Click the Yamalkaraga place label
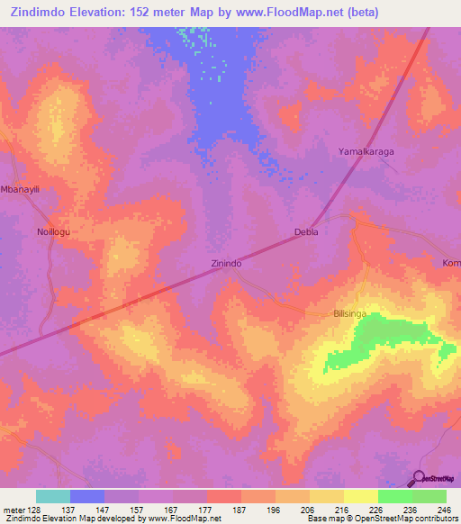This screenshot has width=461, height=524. pos(366,152)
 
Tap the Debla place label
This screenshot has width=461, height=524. pos(307,232)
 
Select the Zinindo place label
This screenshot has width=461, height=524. pos(225,264)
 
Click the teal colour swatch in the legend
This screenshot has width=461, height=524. pos(53,496)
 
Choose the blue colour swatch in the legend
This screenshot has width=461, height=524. pos(87,496)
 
